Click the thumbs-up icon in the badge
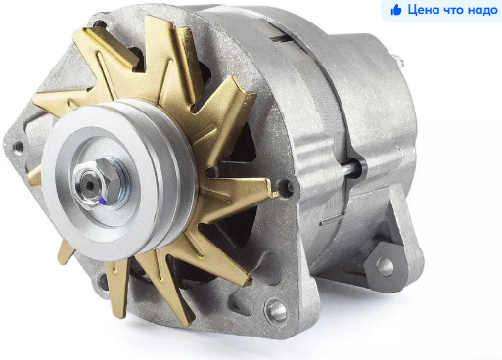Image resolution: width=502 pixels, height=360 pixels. [396, 10]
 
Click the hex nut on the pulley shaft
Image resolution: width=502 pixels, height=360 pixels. [110, 181]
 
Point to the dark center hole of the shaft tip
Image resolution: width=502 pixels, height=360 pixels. [89, 186]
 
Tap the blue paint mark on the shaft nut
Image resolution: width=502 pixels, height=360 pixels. [102, 201]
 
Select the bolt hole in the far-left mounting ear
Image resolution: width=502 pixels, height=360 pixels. [18, 147]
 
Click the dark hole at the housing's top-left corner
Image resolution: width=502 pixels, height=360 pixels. [100, 24]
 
